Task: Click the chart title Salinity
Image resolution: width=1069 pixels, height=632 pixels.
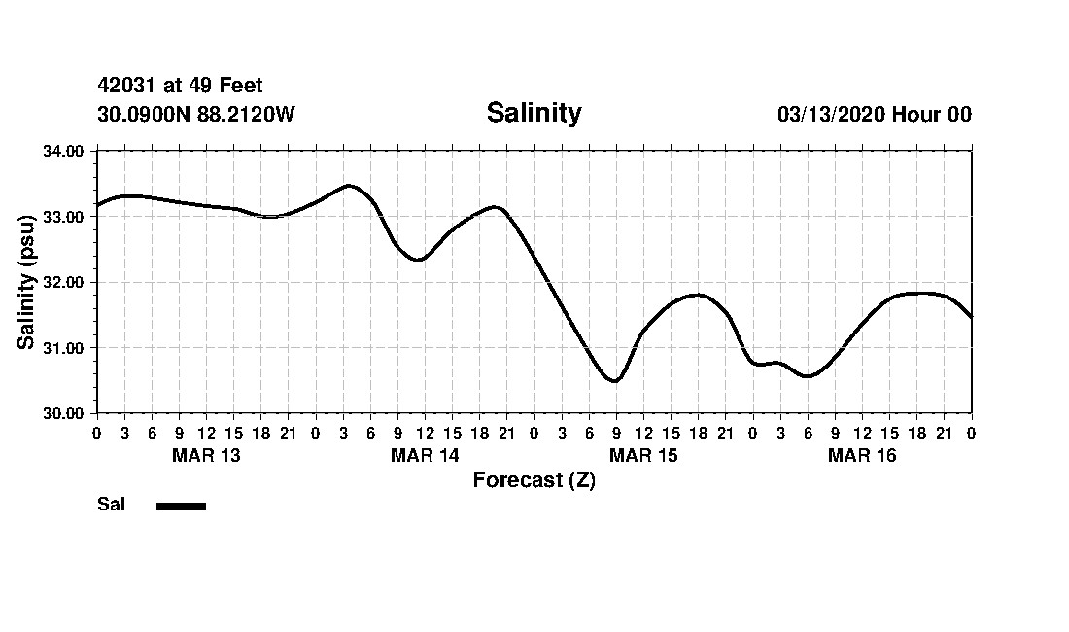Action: tap(534, 113)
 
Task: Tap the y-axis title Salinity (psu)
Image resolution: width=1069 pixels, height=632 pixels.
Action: tap(27, 282)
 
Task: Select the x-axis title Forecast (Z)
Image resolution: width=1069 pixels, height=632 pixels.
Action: tap(534, 479)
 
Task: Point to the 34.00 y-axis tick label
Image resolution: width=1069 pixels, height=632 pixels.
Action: tap(63, 151)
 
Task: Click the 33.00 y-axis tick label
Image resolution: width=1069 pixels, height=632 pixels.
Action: tap(63, 217)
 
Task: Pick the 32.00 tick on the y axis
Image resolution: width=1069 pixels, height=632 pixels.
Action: tap(63, 282)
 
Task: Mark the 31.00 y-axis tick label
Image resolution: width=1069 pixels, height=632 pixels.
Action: tap(63, 348)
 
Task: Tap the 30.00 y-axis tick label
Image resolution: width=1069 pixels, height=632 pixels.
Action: tap(63, 413)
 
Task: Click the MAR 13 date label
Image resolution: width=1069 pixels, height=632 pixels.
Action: tap(206, 455)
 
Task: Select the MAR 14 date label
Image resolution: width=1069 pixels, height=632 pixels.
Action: tap(425, 455)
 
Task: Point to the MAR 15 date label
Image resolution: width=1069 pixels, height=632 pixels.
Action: tap(643, 455)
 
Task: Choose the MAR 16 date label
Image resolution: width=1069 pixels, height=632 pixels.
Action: tap(862, 455)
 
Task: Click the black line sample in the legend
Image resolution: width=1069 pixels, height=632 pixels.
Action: tap(181, 506)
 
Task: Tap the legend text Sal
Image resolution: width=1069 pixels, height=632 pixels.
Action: tap(111, 505)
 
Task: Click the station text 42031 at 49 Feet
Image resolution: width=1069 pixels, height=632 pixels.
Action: tap(180, 86)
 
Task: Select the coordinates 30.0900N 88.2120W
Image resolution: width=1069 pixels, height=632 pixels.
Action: tap(195, 115)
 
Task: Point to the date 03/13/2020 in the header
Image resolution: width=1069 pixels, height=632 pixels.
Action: tap(831, 115)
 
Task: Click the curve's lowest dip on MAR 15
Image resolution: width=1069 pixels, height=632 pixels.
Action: tap(614, 381)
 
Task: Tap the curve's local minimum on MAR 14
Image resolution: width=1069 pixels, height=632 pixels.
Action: tap(418, 260)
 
